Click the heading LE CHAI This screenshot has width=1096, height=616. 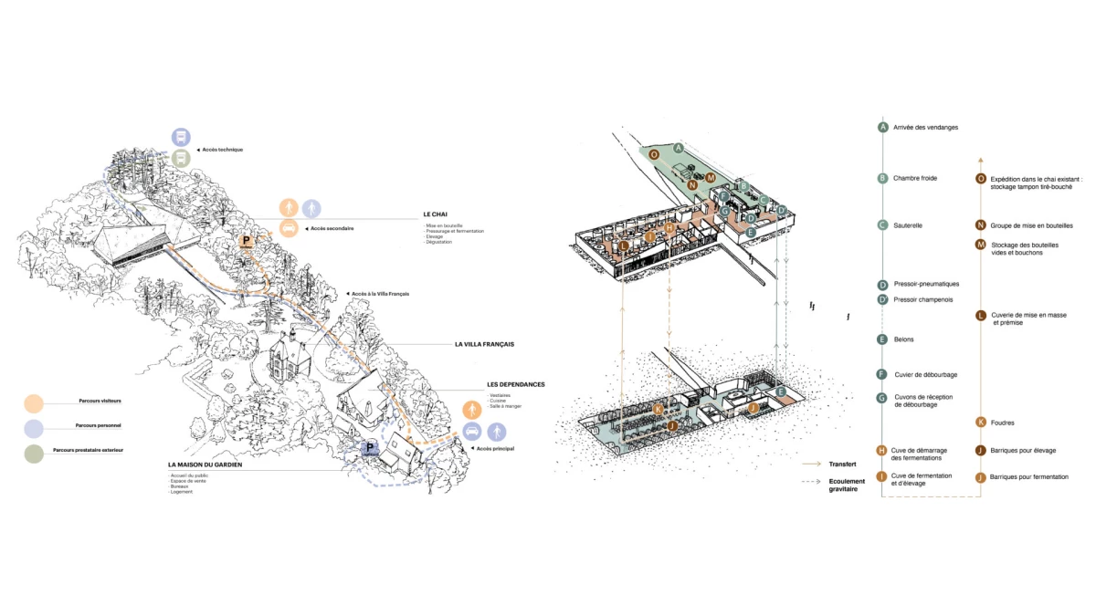coord(433,214)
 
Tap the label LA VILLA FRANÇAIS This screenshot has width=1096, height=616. coord(485,344)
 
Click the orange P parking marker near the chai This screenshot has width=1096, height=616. coord(246,242)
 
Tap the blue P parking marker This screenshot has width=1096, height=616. coord(371,448)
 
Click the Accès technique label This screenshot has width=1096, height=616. coord(222,150)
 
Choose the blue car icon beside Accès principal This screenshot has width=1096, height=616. coord(472,433)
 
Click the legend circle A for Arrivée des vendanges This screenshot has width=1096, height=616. coord(882,127)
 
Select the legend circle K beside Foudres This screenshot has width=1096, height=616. coord(981,423)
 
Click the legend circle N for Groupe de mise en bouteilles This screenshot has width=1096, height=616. coord(981,225)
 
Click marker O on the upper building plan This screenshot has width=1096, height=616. coord(654,155)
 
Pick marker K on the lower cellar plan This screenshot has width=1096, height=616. coord(658,409)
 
